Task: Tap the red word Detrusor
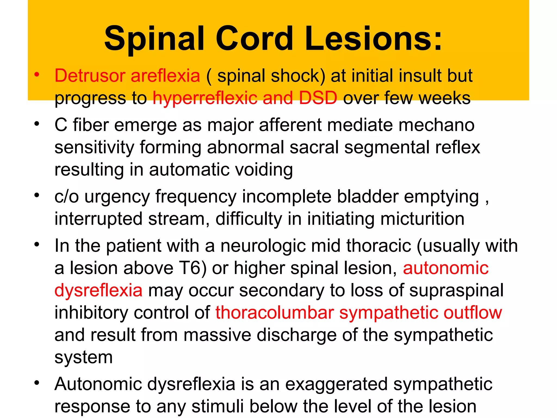[x=90, y=75]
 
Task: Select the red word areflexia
[x=165, y=75]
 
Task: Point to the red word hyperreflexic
[x=205, y=98]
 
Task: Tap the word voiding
[x=264, y=170]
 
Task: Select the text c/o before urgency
[x=66, y=196]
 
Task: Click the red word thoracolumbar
[x=275, y=312]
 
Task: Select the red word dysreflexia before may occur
[x=98, y=290]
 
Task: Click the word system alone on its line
[x=83, y=357]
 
